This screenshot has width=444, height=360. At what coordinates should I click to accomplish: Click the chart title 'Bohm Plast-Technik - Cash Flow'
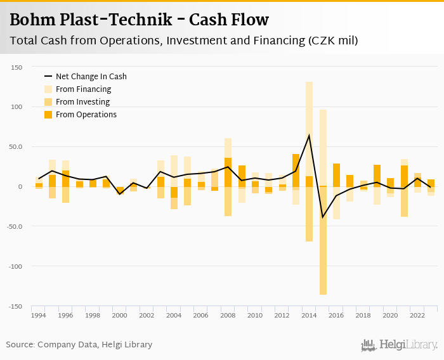[139, 20]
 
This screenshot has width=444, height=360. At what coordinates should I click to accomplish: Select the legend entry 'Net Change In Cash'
[91, 77]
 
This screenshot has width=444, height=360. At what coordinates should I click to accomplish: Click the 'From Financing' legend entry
[83, 89]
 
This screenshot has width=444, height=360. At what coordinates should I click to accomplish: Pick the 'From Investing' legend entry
[82, 102]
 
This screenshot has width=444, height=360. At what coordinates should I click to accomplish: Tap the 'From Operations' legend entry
[86, 115]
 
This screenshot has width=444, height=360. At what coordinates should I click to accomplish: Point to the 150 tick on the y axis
[16, 67]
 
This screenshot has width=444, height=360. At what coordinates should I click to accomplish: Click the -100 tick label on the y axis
[15, 266]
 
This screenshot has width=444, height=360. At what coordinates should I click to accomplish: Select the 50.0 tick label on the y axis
[16, 147]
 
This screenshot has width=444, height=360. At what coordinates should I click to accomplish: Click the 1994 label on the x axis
[39, 316]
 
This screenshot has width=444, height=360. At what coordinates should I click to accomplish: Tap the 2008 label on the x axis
[228, 316]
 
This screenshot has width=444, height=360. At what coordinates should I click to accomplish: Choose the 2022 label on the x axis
[417, 316]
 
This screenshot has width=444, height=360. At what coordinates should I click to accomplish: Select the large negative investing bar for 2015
[323, 241]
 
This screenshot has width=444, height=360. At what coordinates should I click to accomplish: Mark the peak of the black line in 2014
[309, 135]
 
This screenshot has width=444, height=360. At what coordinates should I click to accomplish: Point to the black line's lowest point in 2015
[323, 217]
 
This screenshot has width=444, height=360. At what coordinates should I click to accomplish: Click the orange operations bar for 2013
[296, 170]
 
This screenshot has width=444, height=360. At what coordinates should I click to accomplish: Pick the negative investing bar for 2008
[228, 202]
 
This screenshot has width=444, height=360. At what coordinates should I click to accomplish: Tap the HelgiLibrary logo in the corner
[399, 345]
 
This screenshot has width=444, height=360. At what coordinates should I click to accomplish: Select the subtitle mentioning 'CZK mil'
[184, 41]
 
